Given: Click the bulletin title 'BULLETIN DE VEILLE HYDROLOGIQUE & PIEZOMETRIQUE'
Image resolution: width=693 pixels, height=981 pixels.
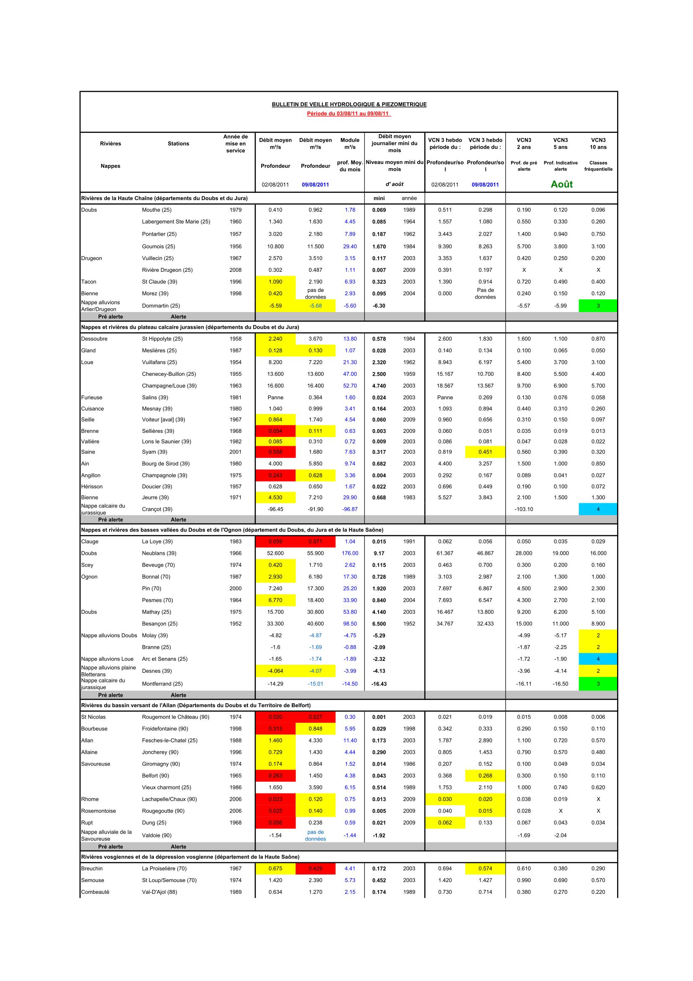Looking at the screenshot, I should [349, 104].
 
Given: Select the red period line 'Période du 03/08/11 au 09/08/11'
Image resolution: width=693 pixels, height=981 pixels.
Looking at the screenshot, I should [349, 114].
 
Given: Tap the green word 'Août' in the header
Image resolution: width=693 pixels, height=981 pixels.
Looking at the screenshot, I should [561, 184].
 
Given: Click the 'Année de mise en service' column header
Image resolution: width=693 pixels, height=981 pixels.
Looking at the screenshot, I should [235, 143].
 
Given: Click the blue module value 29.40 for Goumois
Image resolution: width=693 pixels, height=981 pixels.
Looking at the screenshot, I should [350, 247].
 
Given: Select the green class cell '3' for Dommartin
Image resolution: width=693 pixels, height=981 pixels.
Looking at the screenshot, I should [598, 306].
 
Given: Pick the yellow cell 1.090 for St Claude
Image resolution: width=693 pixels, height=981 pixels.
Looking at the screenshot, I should [275, 282].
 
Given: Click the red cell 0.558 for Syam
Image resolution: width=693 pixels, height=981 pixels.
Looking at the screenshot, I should [275, 452].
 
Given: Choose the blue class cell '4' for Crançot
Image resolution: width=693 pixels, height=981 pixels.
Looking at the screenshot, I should [598, 509].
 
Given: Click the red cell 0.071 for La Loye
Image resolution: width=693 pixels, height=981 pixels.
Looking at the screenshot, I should [316, 542].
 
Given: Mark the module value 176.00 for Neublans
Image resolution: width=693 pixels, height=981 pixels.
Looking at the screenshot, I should [350, 553].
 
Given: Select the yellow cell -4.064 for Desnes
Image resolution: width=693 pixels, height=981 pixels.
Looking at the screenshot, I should [275, 671].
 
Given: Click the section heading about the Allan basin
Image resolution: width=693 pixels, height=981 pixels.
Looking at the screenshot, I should [196, 705].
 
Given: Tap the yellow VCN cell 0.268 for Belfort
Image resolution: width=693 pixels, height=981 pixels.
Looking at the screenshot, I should [485, 776].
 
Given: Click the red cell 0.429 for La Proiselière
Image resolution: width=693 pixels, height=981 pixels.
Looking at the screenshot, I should [316, 869].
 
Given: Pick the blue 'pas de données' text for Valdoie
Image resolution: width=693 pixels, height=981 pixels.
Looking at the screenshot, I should [316, 835].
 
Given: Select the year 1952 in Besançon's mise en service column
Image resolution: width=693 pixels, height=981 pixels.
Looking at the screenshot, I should [235, 624].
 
